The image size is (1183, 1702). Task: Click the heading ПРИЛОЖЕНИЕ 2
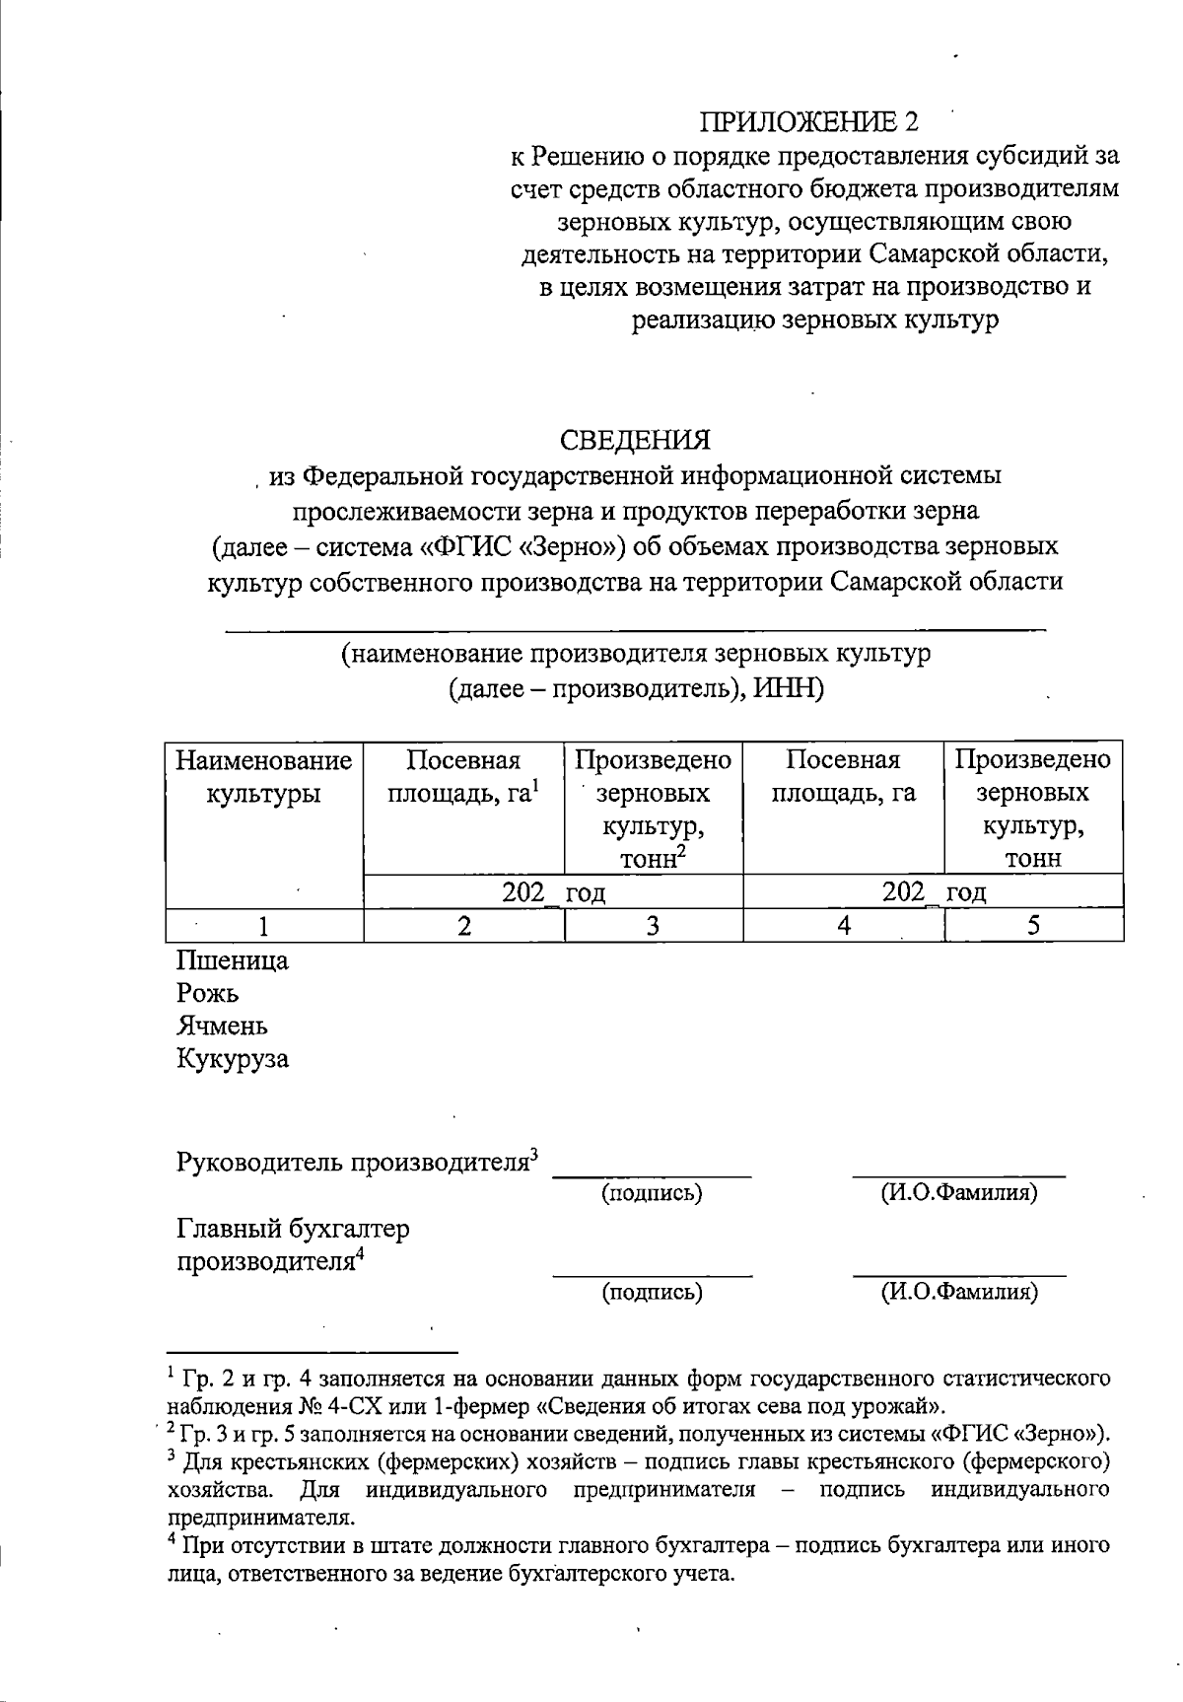point(807,121)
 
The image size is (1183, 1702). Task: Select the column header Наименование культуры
point(264,777)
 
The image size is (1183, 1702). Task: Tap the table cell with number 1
point(263,925)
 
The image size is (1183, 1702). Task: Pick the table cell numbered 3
point(652,925)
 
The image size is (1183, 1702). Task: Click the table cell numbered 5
point(1032,925)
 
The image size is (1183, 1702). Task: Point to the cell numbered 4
point(843,925)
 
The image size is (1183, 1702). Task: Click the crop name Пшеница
point(233,960)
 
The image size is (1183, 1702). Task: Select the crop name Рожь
point(208,993)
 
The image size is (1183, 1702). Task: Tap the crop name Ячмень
point(222,1027)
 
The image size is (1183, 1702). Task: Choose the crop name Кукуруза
point(233,1060)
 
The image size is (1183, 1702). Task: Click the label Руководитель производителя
point(354,1162)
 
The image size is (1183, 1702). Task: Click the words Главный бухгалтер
point(293,1229)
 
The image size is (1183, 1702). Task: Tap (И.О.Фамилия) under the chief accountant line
point(958,1291)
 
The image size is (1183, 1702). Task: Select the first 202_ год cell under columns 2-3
point(553,892)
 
